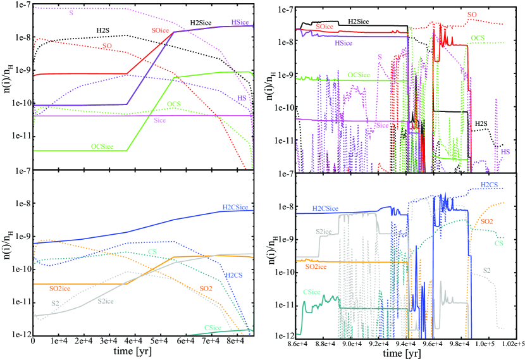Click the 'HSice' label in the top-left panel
(240, 22)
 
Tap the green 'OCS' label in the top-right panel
(479, 39)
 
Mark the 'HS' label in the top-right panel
(505, 152)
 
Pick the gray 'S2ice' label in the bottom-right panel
(323, 232)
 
